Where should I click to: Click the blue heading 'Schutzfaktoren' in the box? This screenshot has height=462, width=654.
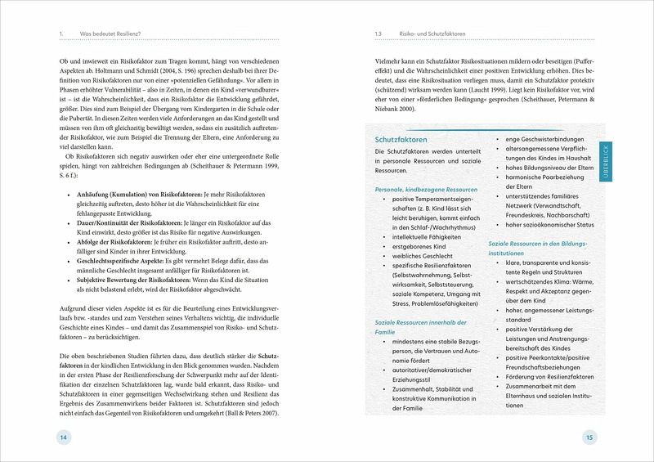[x=402, y=140]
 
